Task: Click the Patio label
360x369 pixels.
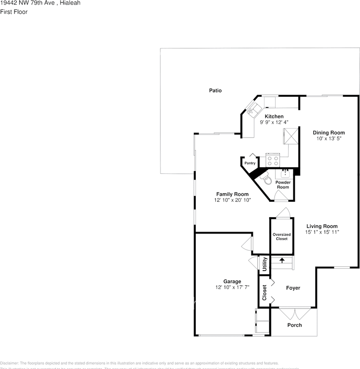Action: click(x=215, y=91)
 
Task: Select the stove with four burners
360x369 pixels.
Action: click(x=273, y=161)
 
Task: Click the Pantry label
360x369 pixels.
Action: click(x=250, y=163)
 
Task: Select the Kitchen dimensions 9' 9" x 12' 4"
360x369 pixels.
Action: click(x=274, y=122)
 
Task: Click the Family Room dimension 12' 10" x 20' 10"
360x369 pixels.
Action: click(x=232, y=200)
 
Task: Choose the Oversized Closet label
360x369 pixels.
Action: click(x=282, y=236)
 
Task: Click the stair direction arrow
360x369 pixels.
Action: click(x=282, y=260)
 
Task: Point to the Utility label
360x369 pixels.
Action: click(x=265, y=264)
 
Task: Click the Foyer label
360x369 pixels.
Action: click(x=293, y=288)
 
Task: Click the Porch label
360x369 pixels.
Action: click(x=295, y=325)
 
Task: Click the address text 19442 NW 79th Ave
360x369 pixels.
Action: click(x=27, y=3)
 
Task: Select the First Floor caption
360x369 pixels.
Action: click(x=14, y=12)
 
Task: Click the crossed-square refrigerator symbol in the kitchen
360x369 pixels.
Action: click(x=291, y=136)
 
